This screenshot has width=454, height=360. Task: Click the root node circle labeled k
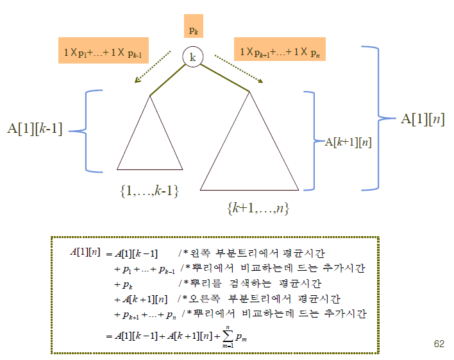(192, 57)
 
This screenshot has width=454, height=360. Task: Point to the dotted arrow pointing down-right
(239, 68)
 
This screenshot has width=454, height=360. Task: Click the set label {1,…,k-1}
(149, 190)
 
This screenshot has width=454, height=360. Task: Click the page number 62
(439, 344)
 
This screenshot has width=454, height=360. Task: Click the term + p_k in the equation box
(126, 284)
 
